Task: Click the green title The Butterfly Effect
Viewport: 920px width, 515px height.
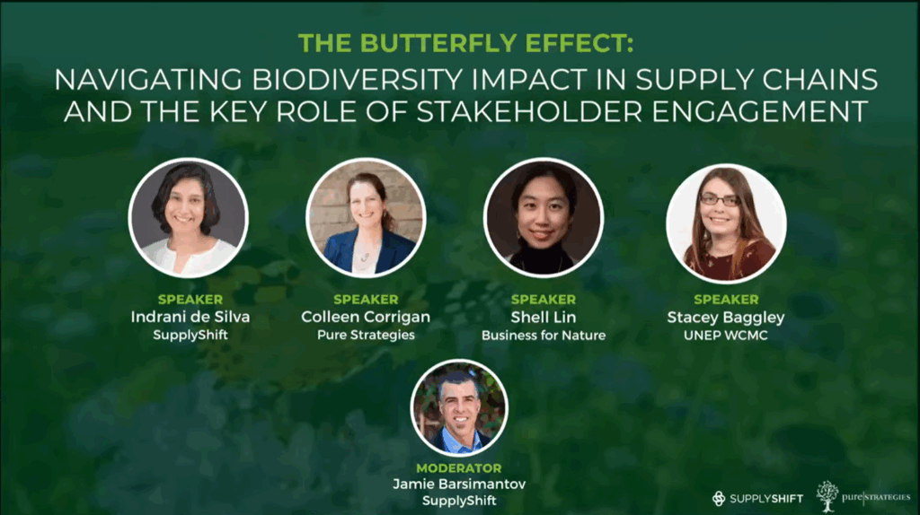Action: (x=466, y=43)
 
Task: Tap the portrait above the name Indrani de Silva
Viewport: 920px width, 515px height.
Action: (x=189, y=218)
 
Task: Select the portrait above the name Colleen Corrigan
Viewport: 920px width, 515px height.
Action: (x=367, y=218)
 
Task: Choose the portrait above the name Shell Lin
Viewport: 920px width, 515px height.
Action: (x=544, y=218)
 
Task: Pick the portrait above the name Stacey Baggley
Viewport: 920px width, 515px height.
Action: (x=726, y=223)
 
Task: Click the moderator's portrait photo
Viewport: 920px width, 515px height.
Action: (x=459, y=407)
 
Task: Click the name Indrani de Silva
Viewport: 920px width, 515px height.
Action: (x=190, y=317)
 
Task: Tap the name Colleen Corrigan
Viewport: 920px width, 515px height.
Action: (x=366, y=317)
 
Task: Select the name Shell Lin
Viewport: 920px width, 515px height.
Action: (x=544, y=317)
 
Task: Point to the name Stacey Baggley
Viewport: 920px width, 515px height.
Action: (x=726, y=318)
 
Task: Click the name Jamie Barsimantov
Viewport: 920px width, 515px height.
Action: (x=459, y=484)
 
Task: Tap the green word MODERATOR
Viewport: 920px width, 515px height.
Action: (x=459, y=468)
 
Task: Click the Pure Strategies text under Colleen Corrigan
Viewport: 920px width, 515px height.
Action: (x=367, y=336)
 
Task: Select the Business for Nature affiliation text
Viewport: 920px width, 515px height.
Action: (x=544, y=336)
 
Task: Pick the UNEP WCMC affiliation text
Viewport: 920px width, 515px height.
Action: (x=726, y=336)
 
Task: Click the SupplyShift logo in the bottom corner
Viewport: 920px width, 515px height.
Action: (x=756, y=499)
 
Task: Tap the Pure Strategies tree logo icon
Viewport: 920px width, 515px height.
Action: (x=827, y=495)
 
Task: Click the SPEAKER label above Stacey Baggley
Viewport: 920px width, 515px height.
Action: (x=726, y=300)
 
